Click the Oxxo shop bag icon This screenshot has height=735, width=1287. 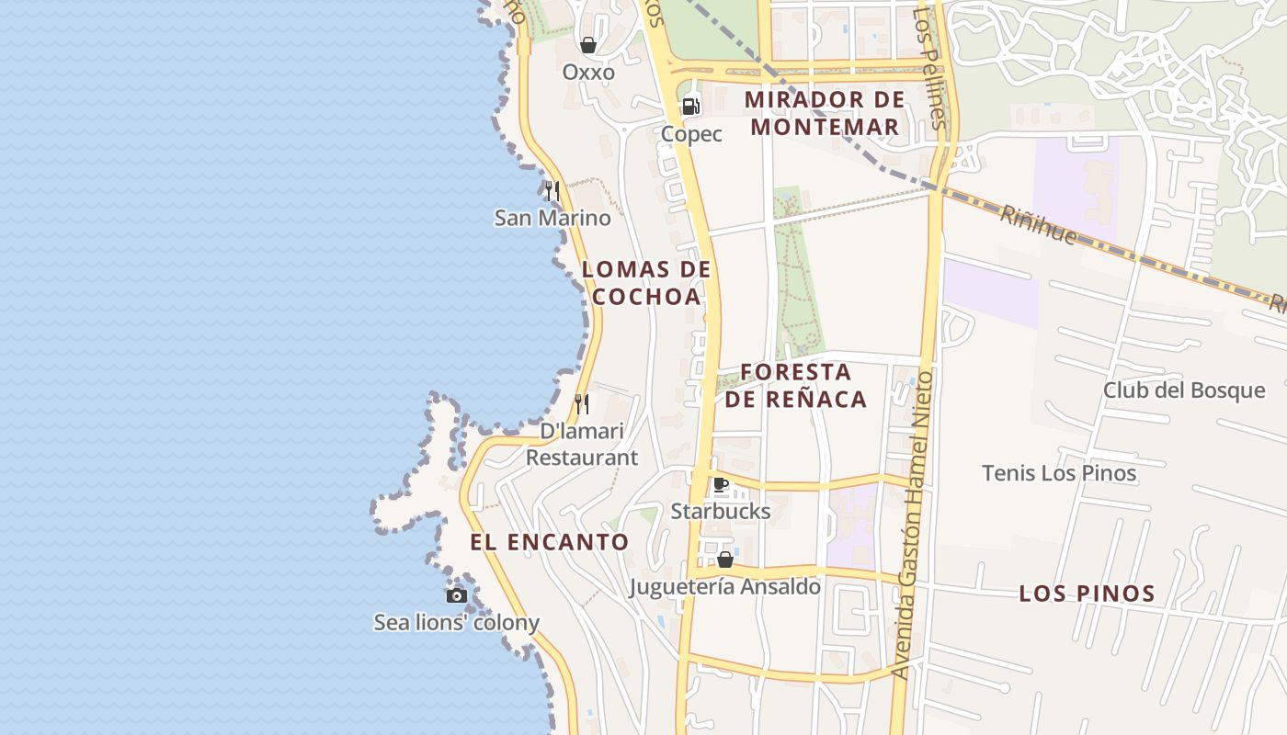tap(588, 45)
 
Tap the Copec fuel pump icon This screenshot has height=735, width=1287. tap(691, 107)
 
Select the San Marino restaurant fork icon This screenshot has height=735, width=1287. tap(552, 191)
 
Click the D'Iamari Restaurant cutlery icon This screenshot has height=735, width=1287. tap(582, 403)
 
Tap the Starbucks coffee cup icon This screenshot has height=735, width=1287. tap(721, 484)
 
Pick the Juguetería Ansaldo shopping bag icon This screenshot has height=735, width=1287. tap(725, 559)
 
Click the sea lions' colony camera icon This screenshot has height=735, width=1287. tap(456, 595)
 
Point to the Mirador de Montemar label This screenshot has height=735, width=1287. tap(825, 113)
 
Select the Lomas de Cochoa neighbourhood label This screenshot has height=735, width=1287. tap(647, 283)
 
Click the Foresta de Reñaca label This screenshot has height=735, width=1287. tap(796, 385)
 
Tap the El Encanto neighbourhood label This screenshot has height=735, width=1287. tap(550, 542)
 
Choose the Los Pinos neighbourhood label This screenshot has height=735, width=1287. tap(1087, 594)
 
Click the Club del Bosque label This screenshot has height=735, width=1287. tap(1184, 390)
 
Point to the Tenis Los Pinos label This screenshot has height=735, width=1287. tap(1059, 474)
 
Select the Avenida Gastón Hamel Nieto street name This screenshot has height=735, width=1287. tap(912, 525)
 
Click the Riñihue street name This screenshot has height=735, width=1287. tap(1038, 224)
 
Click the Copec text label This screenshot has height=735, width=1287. tap(691, 134)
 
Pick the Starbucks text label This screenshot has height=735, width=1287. tap(721, 511)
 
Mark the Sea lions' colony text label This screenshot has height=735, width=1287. tap(456, 622)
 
